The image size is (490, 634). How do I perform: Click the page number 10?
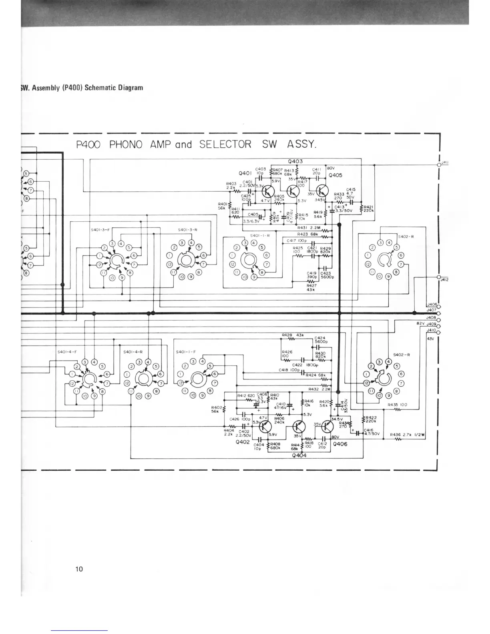(79, 569)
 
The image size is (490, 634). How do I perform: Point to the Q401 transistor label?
(245, 174)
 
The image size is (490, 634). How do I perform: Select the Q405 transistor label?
(335, 175)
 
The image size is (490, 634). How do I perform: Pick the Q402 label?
(243, 442)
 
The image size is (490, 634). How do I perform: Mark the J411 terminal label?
(444, 162)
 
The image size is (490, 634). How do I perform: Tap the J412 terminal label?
(444, 280)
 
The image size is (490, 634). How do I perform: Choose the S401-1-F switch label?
(186, 352)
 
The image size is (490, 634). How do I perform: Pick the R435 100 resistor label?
(398, 405)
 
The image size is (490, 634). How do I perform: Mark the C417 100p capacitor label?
(296, 241)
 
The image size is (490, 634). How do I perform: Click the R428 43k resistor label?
(293, 335)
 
